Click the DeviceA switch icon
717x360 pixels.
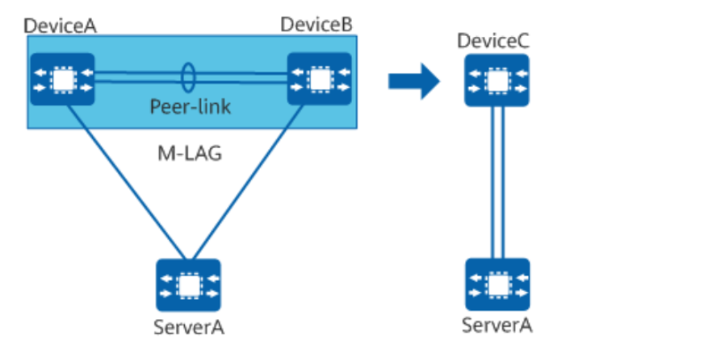tap(62, 79)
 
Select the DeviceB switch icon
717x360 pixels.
tap(319, 79)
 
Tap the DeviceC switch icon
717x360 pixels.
tap(497, 80)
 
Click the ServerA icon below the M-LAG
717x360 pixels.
tap(188, 285)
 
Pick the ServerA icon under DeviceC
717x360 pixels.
tap(497, 284)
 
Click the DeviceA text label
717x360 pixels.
tap(61, 25)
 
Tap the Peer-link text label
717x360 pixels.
tap(190, 106)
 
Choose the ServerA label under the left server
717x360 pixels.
tap(189, 326)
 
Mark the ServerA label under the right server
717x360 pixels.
tap(497, 326)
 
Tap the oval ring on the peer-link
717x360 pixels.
tap(189, 78)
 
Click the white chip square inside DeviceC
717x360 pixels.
tap(497, 80)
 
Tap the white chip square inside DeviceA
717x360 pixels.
tap(62, 79)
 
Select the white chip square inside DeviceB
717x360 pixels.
tap(319, 79)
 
